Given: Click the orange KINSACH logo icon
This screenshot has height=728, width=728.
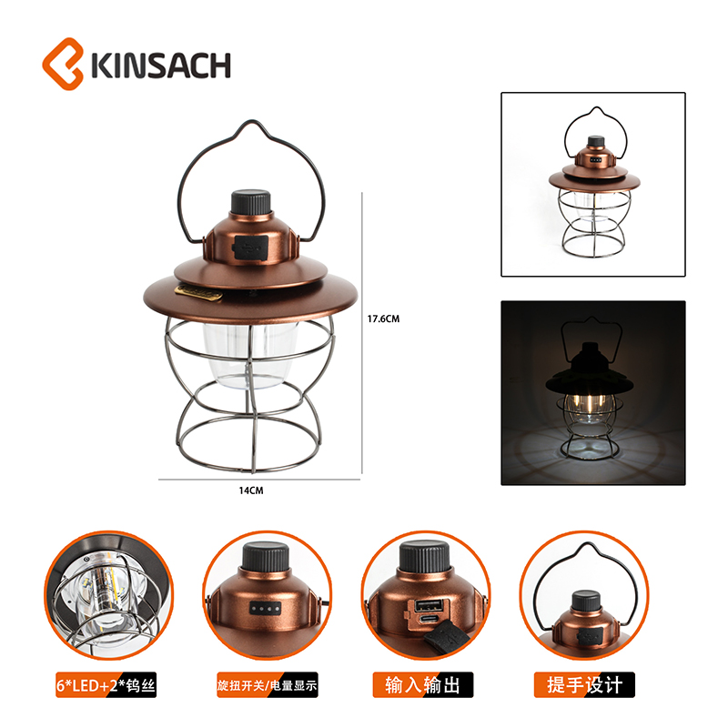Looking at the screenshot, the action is [x=63, y=64].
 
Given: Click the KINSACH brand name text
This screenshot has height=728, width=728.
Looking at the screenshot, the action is [x=161, y=65].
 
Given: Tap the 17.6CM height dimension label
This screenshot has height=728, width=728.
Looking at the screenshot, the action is [x=383, y=319].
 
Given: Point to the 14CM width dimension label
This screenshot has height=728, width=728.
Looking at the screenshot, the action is [x=251, y=490].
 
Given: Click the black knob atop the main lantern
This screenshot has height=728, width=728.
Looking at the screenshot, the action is [x=251, y=202].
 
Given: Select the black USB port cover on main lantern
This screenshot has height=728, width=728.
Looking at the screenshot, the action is [x=251, y=247].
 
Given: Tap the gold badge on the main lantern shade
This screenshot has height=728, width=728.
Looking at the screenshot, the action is [x=198, y=293].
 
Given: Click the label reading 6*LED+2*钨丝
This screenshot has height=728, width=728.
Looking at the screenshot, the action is [x=106, y=685].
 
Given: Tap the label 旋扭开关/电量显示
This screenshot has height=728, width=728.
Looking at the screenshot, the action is [x=268, y=685].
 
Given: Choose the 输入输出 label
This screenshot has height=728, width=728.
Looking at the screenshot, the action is [x=423, y=685].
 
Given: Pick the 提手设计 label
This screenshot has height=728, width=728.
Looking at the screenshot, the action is [x=584, y=685].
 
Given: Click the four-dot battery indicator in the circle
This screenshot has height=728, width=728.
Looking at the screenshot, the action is [x=266, y=608].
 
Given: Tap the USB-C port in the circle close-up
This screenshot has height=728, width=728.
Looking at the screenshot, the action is [x=428, y=621].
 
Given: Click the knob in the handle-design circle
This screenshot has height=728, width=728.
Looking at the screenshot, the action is [x=585, y=602].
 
